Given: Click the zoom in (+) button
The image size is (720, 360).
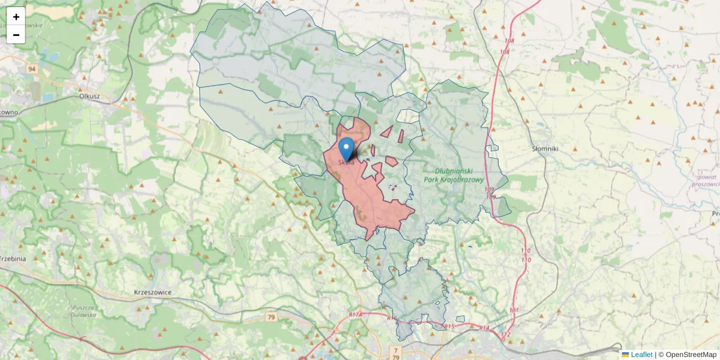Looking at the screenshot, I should tap(16, 17).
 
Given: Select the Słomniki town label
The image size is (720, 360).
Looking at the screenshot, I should tap(545, 148).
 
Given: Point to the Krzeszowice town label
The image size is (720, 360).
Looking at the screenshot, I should tap(153, 292).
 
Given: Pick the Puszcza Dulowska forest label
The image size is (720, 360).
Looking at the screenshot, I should tap(84, 311).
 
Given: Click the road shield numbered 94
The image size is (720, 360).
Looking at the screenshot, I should tap(31, 70).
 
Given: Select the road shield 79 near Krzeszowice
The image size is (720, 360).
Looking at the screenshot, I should tap(271, 316).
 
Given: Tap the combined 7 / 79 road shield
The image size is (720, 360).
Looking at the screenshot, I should tap(395, 352).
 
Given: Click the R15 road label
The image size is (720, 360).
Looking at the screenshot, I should tap(450, 326).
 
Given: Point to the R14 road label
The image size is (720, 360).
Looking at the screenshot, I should tap(485, 328).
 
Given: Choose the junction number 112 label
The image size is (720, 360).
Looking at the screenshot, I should tap(505, 334).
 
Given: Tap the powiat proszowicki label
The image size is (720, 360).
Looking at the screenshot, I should tap(707, 181).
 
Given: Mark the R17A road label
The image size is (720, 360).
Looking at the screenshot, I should tap(356, 314).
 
